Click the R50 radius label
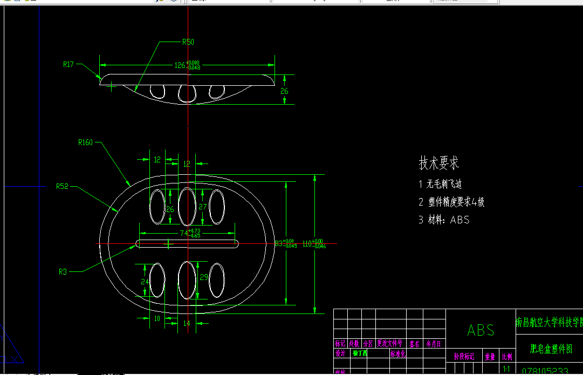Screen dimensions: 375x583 coord(188,42)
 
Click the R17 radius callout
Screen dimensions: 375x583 coord(68,64)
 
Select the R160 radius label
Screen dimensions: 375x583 coord(85,142)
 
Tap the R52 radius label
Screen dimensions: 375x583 coord(63,186)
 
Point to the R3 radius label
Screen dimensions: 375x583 coord(63,272)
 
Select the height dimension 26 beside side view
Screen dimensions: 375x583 coord(284,91)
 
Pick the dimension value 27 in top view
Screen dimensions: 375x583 coord(203,206)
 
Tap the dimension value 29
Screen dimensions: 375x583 coord(203,277)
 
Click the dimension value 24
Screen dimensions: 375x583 coord(145,282)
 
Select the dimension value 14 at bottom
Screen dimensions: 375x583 coord(187,323)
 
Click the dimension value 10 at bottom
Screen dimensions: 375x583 coord(157,318)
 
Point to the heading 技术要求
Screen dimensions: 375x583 coord(438,163)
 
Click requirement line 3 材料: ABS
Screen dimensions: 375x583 coord(444,220)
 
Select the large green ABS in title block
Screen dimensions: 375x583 coord(481,330)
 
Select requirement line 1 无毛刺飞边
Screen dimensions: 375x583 coord(440,185)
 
